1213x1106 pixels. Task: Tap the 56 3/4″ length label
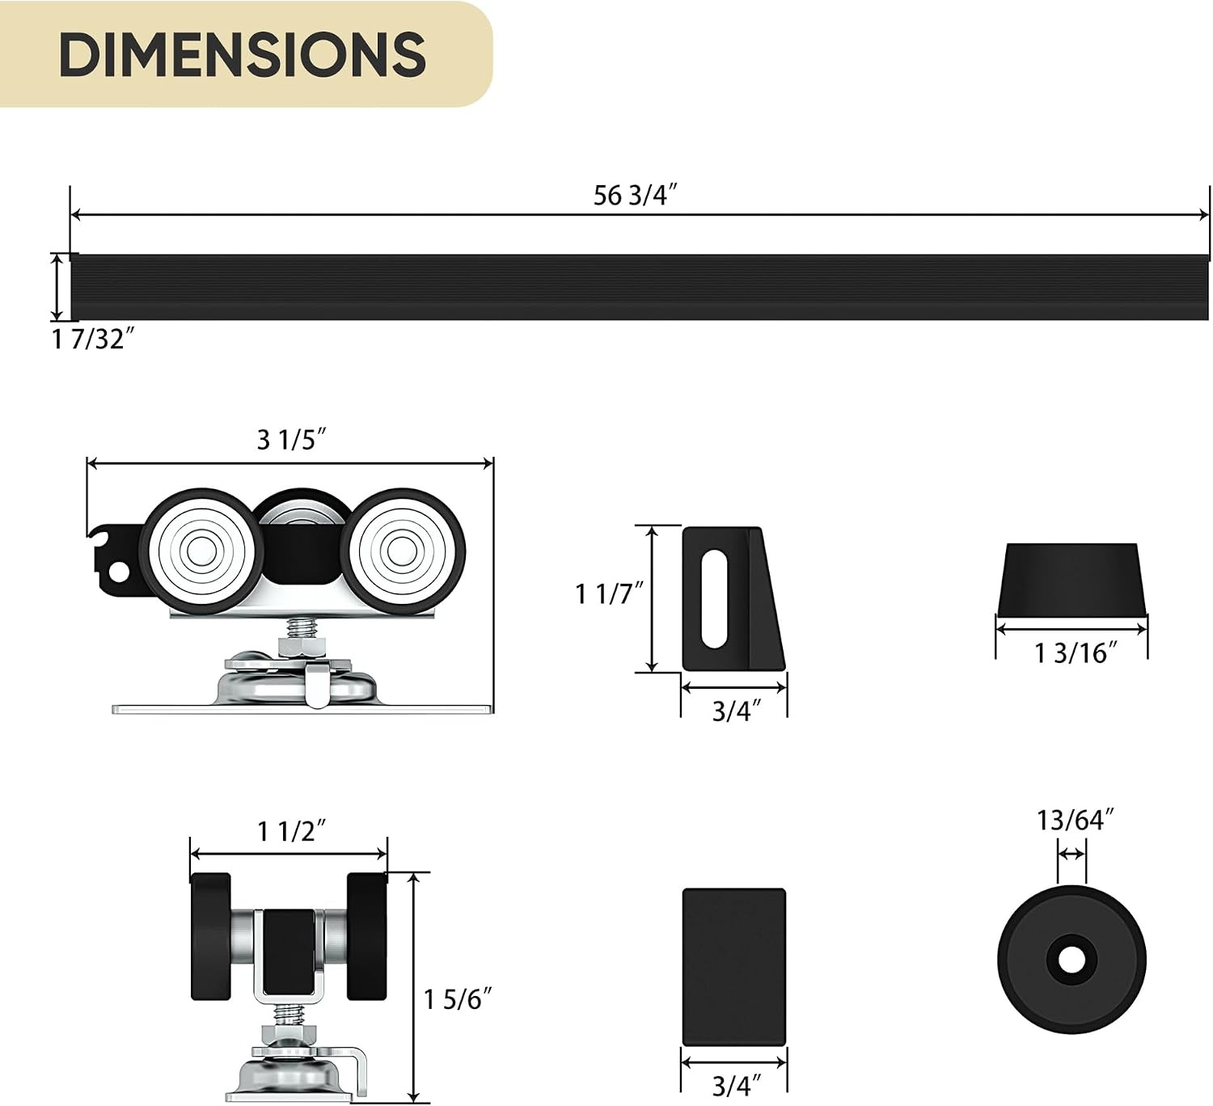click(x=634, y=196)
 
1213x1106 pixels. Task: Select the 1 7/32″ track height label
click(x=92, y=340)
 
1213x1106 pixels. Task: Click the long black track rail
click(x=640, y=287)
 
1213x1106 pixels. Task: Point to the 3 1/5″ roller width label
click(x=291, y=440)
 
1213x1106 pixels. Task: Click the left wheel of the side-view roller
click(x=201, y=551)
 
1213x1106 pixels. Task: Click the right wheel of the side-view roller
click(x=403, y=551)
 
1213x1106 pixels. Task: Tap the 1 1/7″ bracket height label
click(x=608, y=593)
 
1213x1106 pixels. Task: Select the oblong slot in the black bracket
click(x=715, y=598)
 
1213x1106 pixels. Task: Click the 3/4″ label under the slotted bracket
click(x=735, y=711)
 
